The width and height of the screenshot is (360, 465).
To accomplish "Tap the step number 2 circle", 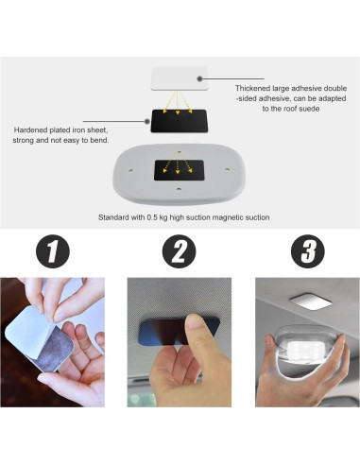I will point(179,251).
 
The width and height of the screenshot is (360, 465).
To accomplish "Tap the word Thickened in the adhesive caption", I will point(256,88).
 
